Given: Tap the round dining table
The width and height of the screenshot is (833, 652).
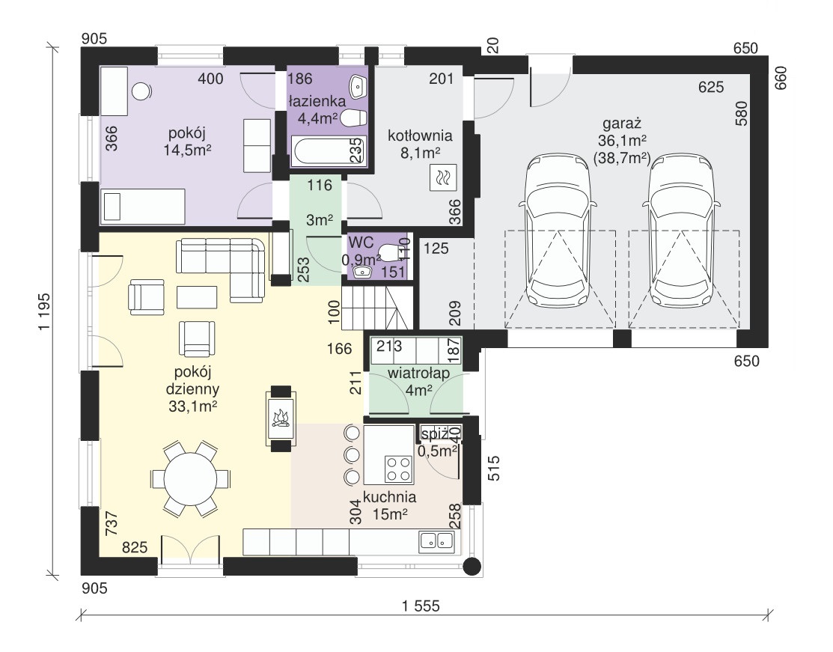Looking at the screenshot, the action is pyautogui.click(x=190, y=479).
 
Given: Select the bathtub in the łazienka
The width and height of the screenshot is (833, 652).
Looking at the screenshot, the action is pyautogui.click(x=328, y=151).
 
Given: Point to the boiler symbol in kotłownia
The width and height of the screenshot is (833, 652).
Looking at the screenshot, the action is pyautogui.click(x=443, y=177).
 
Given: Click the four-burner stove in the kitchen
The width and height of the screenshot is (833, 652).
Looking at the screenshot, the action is pyautogui.click(x=399, y=469).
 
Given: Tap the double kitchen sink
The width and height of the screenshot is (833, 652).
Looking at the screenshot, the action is pyautogui.click(x=436, y=540).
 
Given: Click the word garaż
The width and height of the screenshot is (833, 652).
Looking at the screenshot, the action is pyautogui.click(x=622, y=124).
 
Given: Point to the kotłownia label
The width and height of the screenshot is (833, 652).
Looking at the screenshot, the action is pyautogui.click(x=420, y=135).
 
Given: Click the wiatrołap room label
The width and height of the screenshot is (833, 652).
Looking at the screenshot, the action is pyautogui.click(x=418, y=373).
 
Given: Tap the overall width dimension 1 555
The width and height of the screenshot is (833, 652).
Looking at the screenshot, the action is pyautogui.click(x=421, y=606).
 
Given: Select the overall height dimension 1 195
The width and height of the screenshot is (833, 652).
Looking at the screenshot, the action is pyautogui.click(x=45, y=311).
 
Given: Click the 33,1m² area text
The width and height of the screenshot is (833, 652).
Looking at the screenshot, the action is pyautogui.click(x=192, y=406).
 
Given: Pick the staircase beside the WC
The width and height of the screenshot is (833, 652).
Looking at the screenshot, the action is pyautogui.click(x=377, y=308).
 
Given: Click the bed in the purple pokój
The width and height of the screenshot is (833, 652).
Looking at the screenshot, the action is pyautogui.click(x=144, y=205).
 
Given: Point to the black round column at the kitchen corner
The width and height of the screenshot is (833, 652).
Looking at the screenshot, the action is pyautogui.click(x=472, y=567).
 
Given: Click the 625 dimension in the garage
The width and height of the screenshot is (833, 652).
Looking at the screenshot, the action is pyautogui.click(x=711, y=87).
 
